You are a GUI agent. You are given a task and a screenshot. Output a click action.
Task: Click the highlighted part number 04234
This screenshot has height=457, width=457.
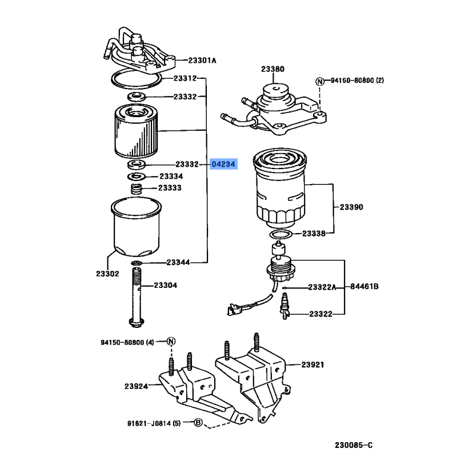223,165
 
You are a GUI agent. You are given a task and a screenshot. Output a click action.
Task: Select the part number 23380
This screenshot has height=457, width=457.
272,69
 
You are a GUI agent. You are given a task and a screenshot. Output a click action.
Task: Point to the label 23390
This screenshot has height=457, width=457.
352,207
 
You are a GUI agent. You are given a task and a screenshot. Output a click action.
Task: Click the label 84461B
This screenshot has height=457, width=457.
364,286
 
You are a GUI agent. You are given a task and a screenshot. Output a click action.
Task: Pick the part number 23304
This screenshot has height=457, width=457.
165,284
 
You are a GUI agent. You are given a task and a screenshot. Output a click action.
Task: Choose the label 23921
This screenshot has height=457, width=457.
313,364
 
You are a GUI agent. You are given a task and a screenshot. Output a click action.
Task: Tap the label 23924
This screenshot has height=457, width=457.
136,386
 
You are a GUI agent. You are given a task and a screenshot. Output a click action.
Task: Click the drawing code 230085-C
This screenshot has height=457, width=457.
353,444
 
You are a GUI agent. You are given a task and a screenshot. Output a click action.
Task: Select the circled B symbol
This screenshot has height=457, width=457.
198,423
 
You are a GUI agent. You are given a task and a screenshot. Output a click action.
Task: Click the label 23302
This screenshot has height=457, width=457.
107,274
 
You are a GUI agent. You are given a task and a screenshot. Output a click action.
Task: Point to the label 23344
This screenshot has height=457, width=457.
178,263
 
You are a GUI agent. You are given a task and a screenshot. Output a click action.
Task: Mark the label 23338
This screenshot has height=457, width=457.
314,234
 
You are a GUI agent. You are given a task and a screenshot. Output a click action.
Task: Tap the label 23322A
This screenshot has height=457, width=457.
322,287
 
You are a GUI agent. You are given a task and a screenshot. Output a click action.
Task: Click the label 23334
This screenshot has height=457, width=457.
171,177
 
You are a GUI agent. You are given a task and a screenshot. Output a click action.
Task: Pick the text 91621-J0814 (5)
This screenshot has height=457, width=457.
154,423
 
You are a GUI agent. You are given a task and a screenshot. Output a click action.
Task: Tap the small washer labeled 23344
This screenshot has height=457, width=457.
136,263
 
